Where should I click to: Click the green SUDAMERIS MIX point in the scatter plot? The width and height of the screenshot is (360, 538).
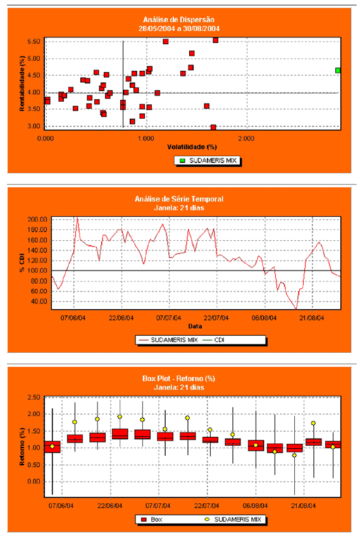(x=338, y=70)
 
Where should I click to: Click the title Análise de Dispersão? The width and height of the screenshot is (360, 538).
(x=178, y=20)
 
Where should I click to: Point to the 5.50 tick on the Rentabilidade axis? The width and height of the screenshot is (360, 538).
(x=34, y=42)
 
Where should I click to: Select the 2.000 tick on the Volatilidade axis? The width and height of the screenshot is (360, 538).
(x=246, y=138)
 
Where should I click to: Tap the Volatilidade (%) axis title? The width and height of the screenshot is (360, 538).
(x=192, y=147)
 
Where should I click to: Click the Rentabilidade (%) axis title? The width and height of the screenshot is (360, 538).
(x=22, y=83)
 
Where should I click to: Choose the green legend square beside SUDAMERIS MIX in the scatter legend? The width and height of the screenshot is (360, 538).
(x=182, y=161)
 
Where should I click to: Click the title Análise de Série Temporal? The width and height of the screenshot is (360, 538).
(x=179, y=199)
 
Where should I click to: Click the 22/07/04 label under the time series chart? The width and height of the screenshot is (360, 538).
(x=216, y=318)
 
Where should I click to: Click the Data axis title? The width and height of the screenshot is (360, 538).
(x=195, y=326)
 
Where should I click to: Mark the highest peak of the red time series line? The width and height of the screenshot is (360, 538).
(x=77, y=217)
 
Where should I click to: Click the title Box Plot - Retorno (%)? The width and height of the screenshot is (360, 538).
(x=178, y=379)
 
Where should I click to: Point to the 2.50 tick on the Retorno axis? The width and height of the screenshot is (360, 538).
(x=34, y=397)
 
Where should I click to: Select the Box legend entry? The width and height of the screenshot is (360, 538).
(x=152, y=520)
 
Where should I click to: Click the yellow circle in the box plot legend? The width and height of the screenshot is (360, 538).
(x=207, y=520)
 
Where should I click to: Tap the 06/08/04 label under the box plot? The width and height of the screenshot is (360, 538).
(x=255, y=506)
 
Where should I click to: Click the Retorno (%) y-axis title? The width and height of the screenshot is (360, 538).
(x=22, y=447)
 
